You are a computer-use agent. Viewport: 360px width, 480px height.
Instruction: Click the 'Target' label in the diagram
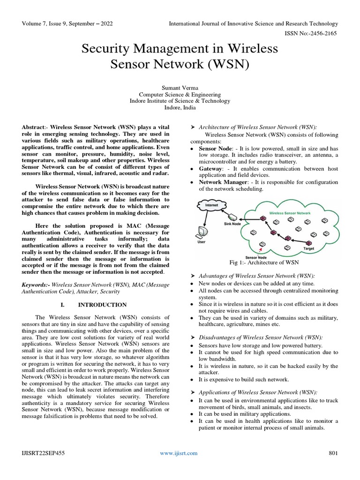[309, 248]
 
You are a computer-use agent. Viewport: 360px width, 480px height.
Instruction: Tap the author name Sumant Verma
[180, 87]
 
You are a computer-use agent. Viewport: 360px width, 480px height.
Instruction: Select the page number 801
[333, 453]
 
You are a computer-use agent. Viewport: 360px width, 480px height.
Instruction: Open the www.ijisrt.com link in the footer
[179, 453]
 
